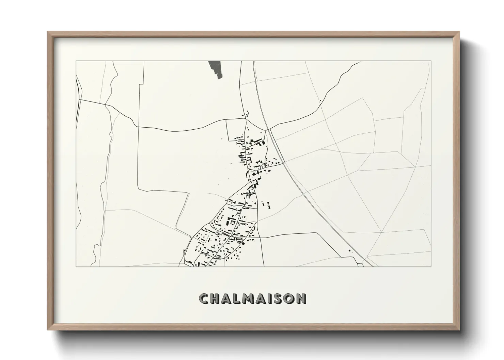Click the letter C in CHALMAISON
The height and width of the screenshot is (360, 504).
pyautogui.click(x=205, y=298)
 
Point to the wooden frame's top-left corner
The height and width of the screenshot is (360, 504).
pyautogui.click(x=48, y=32)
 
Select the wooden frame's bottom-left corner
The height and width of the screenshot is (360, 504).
pyautogui.click(x=48, y=330)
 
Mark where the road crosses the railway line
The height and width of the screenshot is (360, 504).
pyautogui.click(x=268, y=129)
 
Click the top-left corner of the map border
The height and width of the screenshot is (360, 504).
pyautogui.click(x=76, y=61)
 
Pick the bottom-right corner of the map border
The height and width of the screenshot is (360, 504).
pyautogui.click(x=431, y=266)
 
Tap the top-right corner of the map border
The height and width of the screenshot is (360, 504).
pyautogui.click(x=431, y=61)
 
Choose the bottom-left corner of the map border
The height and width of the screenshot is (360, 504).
pyautogui.click(x=76, y=266)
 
